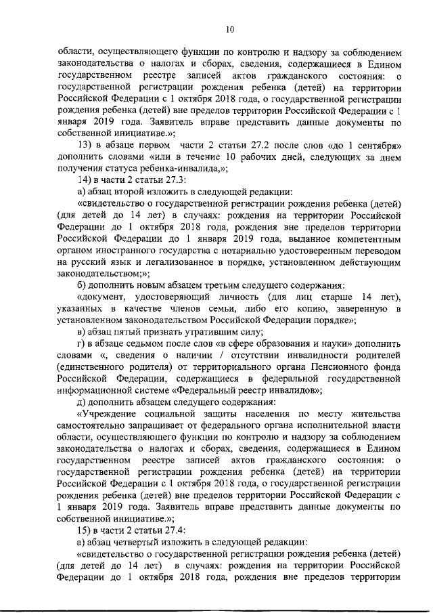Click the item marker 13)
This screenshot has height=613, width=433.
88,148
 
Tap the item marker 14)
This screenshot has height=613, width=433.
88,179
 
